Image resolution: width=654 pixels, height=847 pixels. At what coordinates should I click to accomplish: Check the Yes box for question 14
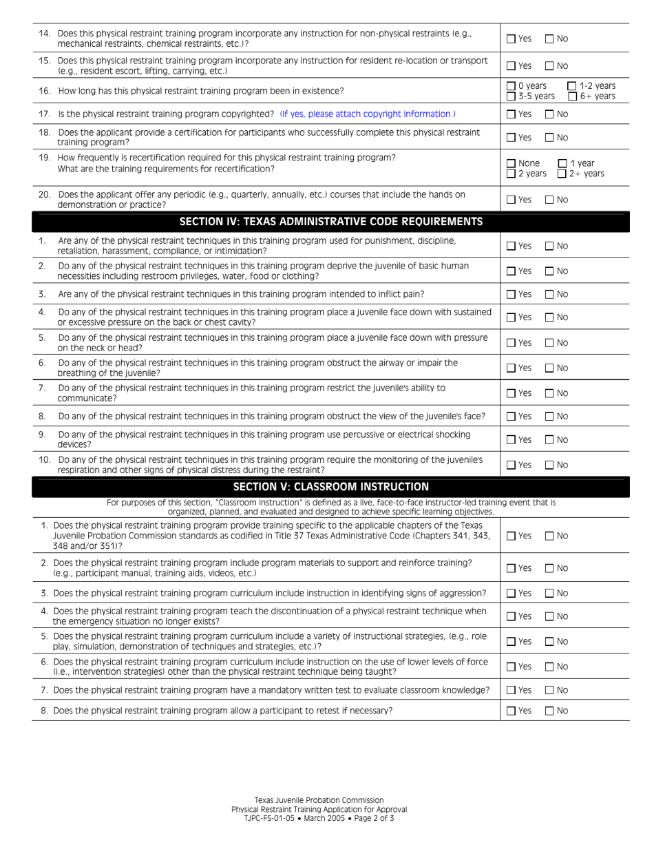511,39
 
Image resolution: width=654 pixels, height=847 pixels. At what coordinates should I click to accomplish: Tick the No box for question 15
549,66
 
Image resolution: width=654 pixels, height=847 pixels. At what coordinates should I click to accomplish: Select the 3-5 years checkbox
511,96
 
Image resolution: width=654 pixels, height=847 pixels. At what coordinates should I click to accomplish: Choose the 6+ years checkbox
572,96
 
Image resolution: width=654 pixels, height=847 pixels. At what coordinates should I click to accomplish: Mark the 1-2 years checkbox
572,86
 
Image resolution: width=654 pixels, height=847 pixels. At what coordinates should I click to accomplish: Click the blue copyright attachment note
368,114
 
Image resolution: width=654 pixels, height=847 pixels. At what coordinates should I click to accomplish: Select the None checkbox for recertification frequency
511,164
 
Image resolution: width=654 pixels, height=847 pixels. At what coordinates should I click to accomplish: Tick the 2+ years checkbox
562,174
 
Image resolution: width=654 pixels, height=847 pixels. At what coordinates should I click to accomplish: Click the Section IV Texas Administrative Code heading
330,222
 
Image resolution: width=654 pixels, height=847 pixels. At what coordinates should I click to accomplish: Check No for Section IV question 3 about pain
549,294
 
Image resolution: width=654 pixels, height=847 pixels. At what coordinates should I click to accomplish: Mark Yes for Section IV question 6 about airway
511,368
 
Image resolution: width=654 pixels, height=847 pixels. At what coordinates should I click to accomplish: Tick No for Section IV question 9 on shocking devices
549,439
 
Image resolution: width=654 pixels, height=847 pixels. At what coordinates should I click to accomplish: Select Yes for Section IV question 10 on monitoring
511,465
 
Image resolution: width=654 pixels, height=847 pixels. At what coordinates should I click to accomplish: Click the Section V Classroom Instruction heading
330,487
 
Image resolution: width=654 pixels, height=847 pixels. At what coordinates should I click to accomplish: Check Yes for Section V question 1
511,536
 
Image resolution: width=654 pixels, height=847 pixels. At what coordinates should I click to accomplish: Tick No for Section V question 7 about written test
549,690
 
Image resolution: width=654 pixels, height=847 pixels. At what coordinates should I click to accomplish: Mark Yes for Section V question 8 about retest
511,711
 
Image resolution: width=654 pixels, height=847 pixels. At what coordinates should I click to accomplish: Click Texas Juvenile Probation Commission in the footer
319,800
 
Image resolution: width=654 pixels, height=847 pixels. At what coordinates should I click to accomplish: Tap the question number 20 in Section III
44,195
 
